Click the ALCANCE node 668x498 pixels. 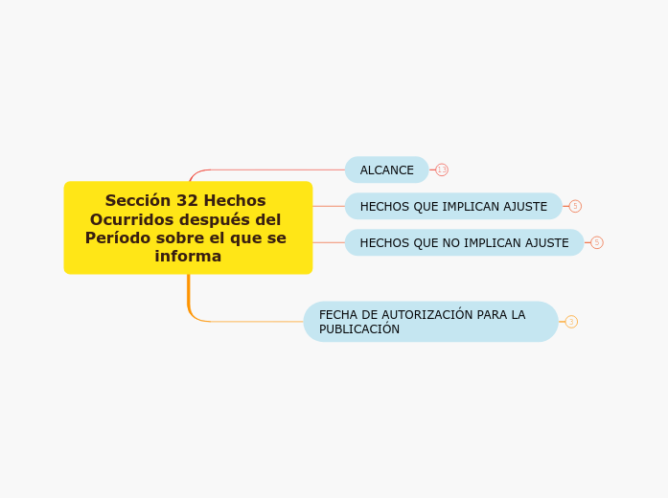click(x=386, y=170)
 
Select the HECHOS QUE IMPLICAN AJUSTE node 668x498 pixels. click(x=453, y=206)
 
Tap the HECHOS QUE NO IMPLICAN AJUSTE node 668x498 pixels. click(x=464, y=242)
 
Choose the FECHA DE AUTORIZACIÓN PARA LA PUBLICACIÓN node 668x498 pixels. click(x=430, y=322)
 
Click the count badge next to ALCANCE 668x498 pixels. click(x=442, y=170)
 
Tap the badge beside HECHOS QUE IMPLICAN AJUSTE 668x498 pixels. click(x=575, y=206)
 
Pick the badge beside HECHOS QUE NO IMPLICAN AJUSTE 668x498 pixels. click(x=597, y=242)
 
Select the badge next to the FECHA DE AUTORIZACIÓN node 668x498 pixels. click(x=571, y=322)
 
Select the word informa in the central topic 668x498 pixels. click(x=188, y=257)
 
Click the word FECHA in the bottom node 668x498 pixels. click(x=338, y=314)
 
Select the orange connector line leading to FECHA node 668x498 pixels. click(x=249, y=322)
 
